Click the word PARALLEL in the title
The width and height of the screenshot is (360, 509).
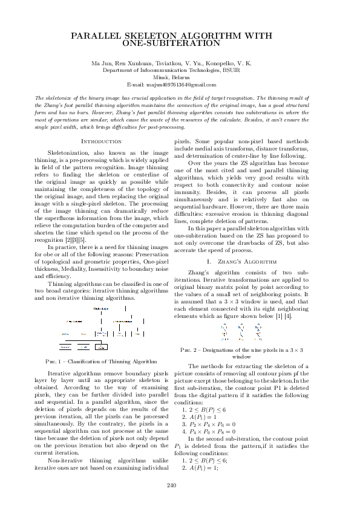pos(99,37)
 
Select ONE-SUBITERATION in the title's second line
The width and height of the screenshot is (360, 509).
pos(180,44)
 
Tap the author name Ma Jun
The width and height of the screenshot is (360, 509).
pos(102,63)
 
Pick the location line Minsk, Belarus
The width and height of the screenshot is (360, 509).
pos(180,77)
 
